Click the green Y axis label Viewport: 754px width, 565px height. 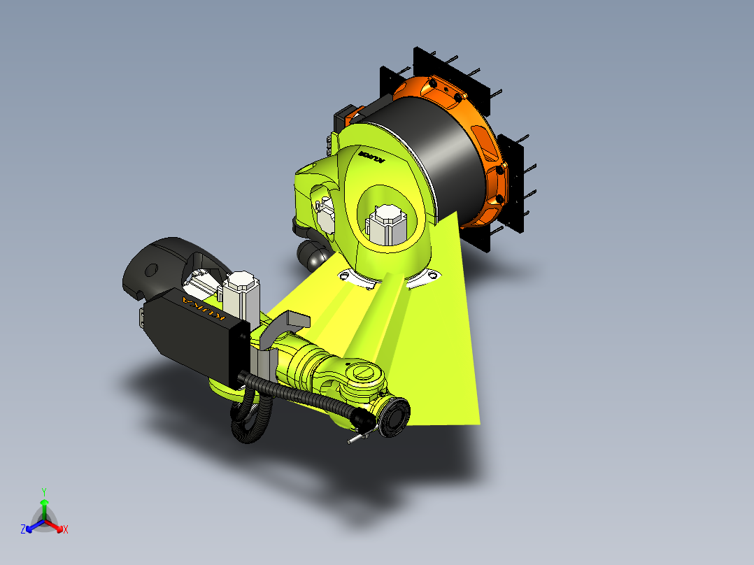(43, 492)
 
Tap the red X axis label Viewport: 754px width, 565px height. (66, 530)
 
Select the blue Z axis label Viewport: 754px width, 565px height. (23, 529)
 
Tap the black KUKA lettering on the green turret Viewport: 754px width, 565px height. (371, 155)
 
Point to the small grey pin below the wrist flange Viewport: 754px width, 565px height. (356, 438)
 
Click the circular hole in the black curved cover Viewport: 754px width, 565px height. (150, 270)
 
